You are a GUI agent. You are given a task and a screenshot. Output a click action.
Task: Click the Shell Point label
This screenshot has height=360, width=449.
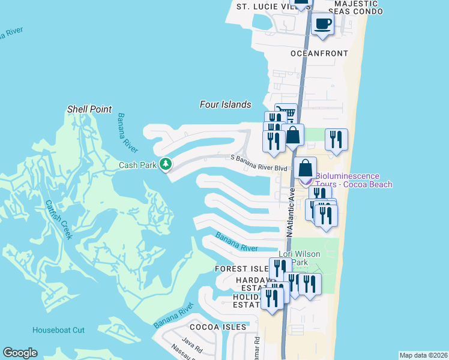point(89,109)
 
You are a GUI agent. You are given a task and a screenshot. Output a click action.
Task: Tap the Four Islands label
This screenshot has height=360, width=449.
point(225,104)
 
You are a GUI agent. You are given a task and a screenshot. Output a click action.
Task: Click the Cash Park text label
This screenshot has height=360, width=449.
point(137,164)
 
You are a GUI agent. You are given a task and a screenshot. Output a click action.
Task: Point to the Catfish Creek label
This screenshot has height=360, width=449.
point(59,219)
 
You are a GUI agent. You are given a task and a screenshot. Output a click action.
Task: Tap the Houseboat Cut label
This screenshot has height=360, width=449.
point(58,330)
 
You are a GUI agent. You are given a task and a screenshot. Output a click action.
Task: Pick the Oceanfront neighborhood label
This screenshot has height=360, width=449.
point(319,53)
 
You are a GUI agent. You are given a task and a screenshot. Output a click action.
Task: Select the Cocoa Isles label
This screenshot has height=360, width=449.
point(218,327)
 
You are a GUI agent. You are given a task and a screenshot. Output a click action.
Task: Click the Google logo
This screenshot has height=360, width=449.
point(20,353)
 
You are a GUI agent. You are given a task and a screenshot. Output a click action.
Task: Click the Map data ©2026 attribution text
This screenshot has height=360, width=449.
point(423,355)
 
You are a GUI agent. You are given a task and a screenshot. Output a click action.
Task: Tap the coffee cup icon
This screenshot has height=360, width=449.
point(322,24)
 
